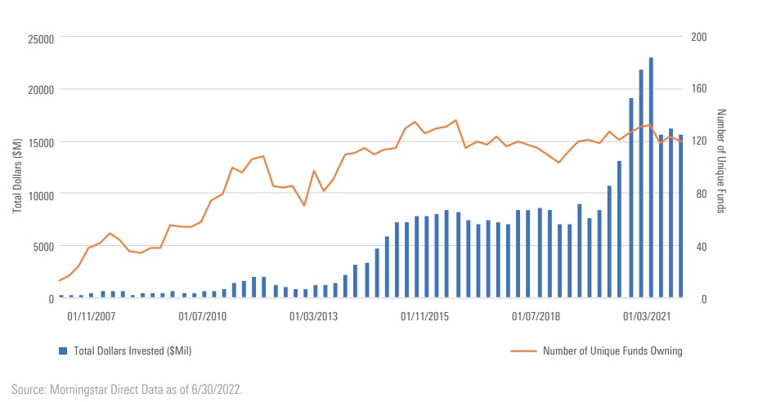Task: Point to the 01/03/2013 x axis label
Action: coord(314,315)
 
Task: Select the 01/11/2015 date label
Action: coord(425,315)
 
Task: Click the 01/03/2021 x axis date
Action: coord(647,315)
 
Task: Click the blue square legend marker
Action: coord(62,351)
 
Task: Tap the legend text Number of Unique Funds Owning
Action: coord(612,351)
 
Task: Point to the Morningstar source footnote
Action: coord(128,389)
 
